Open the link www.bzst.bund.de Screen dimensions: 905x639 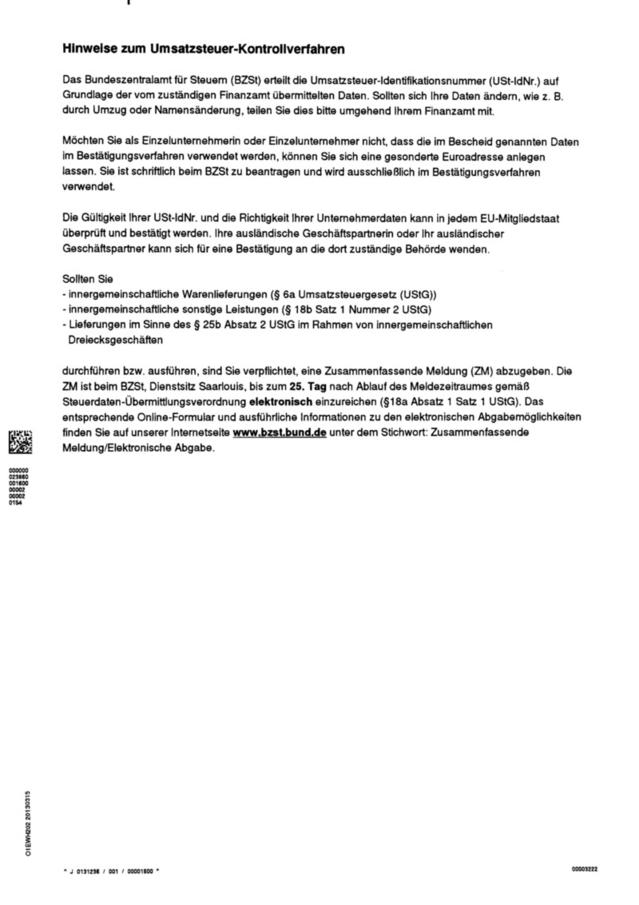click(x=274, y=432)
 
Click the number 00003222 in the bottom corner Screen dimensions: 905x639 click(x=584, y=867)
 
